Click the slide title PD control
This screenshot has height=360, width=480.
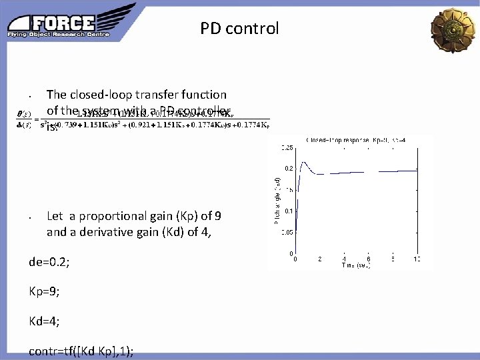pos(239,29)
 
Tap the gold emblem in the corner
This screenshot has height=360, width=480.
pos(454,29)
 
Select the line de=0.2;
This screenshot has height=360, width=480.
pos(49,262)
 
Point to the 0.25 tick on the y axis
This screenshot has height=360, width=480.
pos(286,147)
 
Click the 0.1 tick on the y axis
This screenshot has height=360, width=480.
pos(288,211)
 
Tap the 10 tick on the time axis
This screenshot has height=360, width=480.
pos(417,259)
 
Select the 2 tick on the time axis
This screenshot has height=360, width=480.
pos(319,259)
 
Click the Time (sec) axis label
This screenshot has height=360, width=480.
pos(356,265)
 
